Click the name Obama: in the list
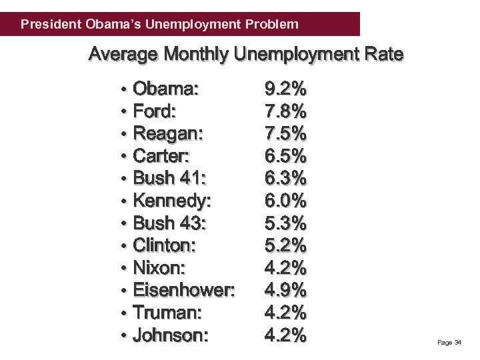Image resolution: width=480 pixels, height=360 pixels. pos(169,89)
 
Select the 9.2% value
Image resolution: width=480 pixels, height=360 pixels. pos(285,89)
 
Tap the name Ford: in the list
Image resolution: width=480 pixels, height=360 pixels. pos(155,111)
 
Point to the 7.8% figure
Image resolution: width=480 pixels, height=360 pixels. pos(285,111)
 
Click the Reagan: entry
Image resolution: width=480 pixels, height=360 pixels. pos(169,134)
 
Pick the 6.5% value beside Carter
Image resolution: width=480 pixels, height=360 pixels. pos(285,156)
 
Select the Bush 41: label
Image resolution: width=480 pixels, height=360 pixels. pos(170,178)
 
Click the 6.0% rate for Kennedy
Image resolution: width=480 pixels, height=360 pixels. pos(285,201)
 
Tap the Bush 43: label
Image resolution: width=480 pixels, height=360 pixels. pos(170,223)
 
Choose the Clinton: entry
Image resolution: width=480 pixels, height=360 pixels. pos(165,245)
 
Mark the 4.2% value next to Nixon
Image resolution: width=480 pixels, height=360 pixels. pos(285,268)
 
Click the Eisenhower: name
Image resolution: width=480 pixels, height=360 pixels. pos(184,290)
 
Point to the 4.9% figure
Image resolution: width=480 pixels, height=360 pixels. pos(285,290)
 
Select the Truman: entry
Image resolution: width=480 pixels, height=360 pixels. pos(167,312)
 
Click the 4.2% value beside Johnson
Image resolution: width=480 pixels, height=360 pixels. pos(285,335)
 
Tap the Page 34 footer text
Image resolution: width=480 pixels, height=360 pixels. pos(449,343)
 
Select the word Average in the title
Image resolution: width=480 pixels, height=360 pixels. pos(123,54)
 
